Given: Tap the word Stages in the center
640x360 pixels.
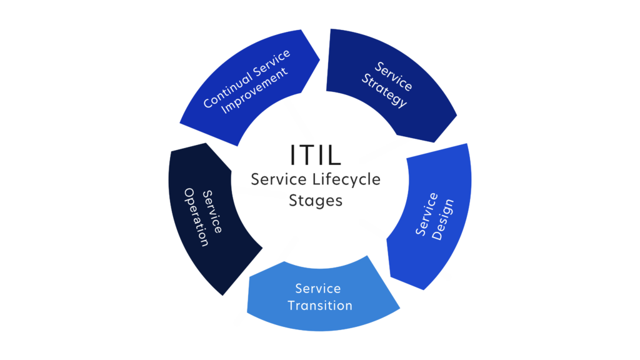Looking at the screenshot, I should (316, 201).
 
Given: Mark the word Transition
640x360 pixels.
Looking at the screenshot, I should (319, 306).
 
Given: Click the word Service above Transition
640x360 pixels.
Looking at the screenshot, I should (318, 289).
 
